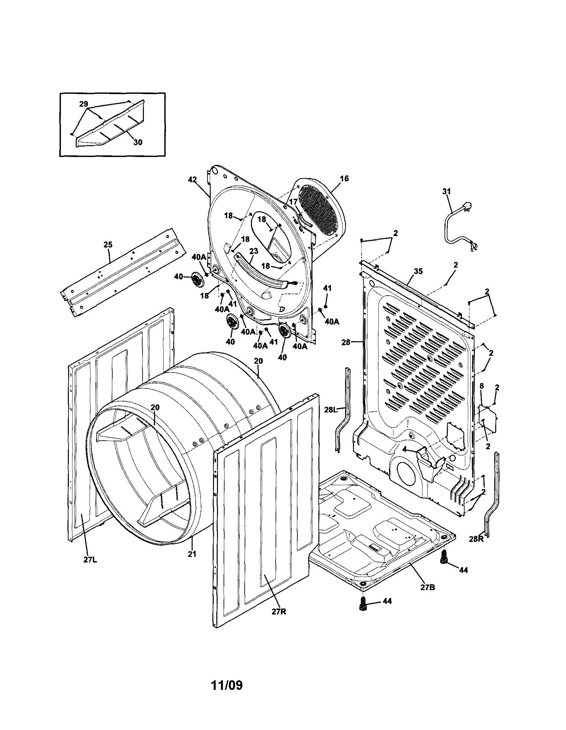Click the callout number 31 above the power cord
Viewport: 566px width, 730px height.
[446, 192]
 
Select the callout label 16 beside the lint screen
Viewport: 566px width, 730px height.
[344, 178]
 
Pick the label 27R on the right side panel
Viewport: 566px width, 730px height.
[279, 612]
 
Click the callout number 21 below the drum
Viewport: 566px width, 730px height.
[192, 554]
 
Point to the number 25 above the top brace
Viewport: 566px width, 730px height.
[108, 245]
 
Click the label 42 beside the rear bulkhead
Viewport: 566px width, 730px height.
[192, 179]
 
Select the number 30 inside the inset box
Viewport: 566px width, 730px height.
[138, 143]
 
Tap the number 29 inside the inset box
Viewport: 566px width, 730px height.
[84, 104]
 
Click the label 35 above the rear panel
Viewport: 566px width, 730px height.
[418, 271]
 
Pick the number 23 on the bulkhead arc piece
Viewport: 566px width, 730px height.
[254, 251]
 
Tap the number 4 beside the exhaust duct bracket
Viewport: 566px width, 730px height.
[405, 450]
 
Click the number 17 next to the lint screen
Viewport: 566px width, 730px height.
[293, 202]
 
